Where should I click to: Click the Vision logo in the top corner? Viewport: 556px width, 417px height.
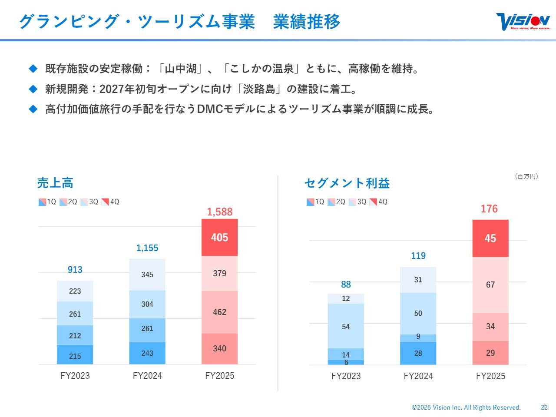click(523, 21)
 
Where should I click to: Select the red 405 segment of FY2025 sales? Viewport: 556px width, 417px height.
click(219, 238)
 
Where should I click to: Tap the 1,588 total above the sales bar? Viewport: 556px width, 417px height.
click(219, 212)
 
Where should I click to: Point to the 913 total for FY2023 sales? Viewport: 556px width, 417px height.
click(75, 270)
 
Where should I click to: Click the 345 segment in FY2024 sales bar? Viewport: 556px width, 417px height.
click(147, 275)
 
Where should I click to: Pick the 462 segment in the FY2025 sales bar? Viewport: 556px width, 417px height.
click(219, 312)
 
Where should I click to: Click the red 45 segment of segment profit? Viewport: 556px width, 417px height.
click(490, 238)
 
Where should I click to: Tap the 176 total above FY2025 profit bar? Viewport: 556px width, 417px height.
click(489, 209)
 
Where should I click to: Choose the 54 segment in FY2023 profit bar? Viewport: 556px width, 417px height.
click(346, 327)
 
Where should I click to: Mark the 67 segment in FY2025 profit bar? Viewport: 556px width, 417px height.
click(490, 285)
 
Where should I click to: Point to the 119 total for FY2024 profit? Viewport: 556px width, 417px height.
click(418, 256)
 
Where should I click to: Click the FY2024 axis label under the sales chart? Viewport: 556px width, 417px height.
click(147, 376)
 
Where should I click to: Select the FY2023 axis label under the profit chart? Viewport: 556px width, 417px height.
click(346, 376)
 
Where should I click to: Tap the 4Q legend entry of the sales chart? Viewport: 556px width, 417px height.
click(110, 202)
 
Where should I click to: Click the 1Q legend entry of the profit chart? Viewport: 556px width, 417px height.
click(315, 202)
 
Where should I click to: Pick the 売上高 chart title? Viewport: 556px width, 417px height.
click(55, 183)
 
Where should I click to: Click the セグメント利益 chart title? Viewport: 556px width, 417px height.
click(347, 183)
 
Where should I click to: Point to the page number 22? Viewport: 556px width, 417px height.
click(544, 407)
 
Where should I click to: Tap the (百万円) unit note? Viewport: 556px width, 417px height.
click(526, 176)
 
